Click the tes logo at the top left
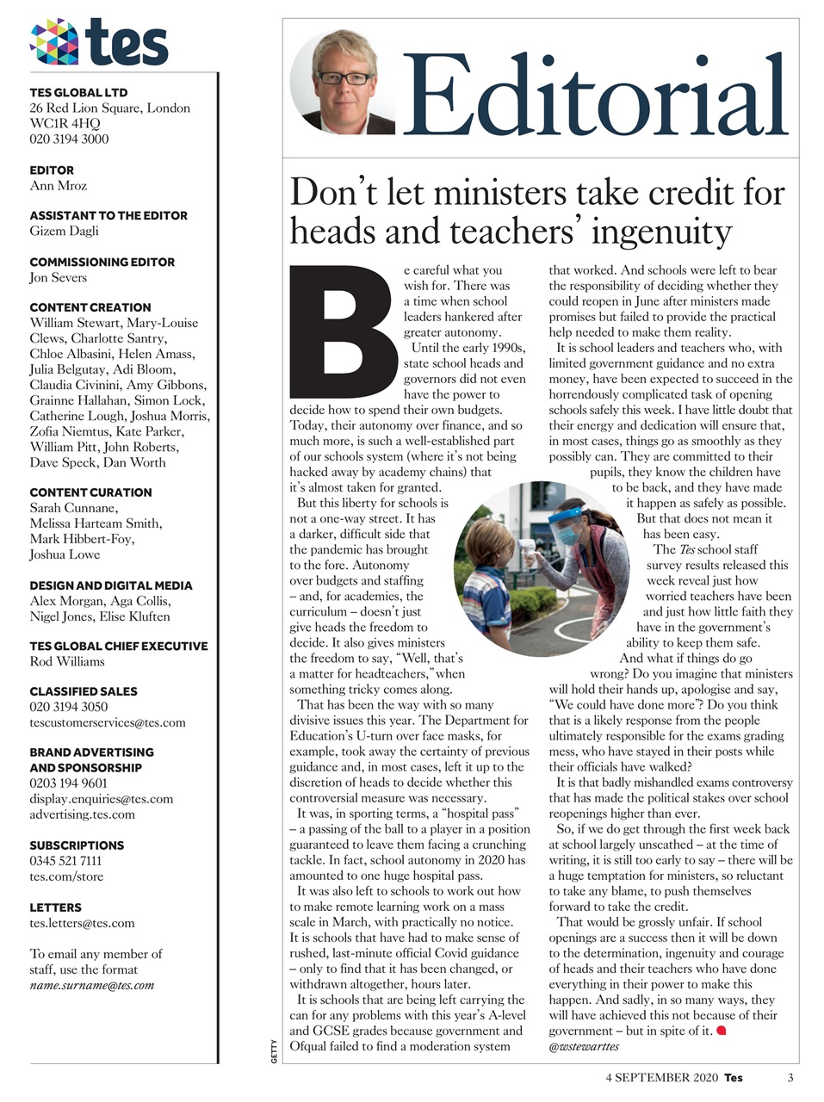[98, 42]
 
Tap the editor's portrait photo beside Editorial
[344, 84]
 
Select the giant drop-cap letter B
[344, 331]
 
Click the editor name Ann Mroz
[58, 186]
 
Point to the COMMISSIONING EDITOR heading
[102, 262]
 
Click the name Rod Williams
[67, 662]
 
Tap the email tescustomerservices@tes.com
[107, 723]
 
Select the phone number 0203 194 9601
[69, 783]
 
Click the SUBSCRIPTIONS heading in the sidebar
[77, 845]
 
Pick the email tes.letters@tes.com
[82, 923]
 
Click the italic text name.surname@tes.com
[92, 985]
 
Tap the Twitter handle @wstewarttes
[584, 1047]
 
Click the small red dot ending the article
[721, 1031]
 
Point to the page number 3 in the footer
[790, 1077]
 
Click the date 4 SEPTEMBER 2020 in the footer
[660, 1077]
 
